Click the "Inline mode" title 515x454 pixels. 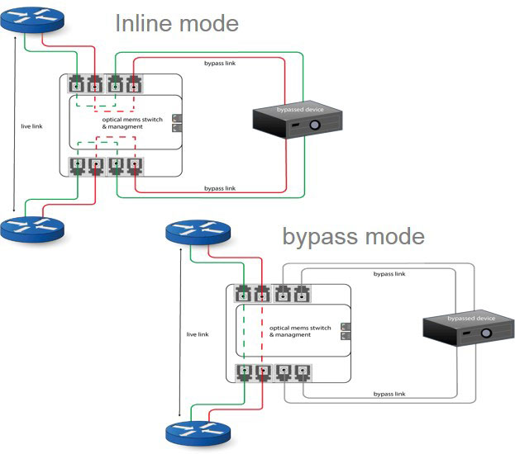click(176, 22)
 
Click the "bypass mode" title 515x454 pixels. click(353, 237)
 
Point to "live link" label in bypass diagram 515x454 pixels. click(198, 334)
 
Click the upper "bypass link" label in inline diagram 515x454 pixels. click(220, 64)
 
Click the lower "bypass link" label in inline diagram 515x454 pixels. click(220, 189)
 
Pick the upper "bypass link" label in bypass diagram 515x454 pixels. click(389, 273)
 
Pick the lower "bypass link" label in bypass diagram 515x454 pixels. click(389, 395)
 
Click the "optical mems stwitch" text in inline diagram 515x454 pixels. click(129, 120)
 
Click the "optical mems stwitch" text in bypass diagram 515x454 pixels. click(300, 328)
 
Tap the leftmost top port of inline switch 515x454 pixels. click(77, 83)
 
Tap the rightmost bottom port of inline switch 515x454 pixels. click(134, 164)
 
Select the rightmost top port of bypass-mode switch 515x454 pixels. click(302, 293)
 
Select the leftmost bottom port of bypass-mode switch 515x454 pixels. click(245, 371)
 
